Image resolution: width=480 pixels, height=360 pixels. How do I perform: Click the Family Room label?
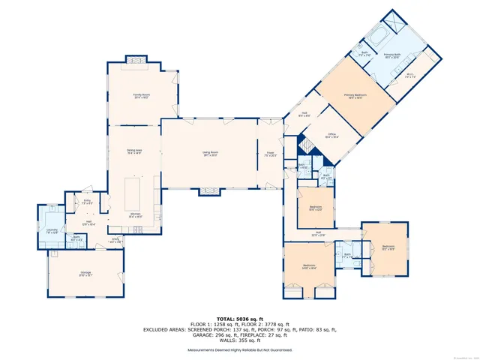pyautogui.click(x=142, y=96)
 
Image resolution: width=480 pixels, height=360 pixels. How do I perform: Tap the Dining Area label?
pyautogui.click(x=134, y=152)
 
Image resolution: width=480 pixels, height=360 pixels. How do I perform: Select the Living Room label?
pyautogui.click(x=209, y=154)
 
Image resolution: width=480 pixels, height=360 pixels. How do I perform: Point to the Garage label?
pyautogui.click(x=85, y=273)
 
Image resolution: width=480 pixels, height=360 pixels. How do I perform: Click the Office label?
pyautogui.click(x=331, y=136)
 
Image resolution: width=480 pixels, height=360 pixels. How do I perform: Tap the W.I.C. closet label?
pyautogui.click(x=410, y=75)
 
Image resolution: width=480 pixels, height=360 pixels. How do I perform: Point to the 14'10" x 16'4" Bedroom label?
pyautogui.click(x=310, y=266)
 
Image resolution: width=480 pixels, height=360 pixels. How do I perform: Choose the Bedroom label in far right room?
pyautogui.click(x=388, y=247)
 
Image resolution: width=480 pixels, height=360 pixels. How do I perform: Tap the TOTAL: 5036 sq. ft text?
pyautogui.click(x=239, y=317)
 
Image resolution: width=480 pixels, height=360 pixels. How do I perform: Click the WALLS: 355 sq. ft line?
pyautogui.click(x=240, y=341)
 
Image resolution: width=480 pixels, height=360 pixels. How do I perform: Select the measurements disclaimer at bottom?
pyautogui.click(x=240, y=350)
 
